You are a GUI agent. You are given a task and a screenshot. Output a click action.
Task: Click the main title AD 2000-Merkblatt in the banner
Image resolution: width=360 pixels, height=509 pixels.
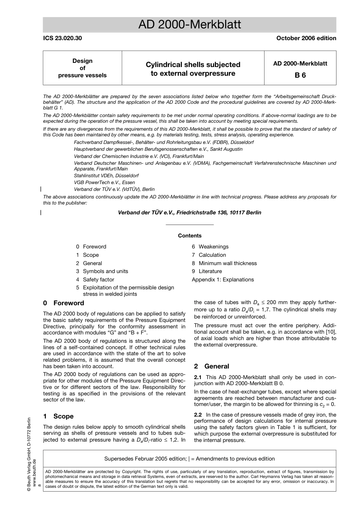pos(189,25)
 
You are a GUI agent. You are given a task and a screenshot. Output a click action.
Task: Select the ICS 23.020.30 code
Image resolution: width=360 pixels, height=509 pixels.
pos(63,38)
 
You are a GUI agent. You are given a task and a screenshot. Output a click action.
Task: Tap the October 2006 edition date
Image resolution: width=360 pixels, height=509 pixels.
pos(306,38)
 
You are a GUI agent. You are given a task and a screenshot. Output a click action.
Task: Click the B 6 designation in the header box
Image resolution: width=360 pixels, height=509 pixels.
pos(300,75)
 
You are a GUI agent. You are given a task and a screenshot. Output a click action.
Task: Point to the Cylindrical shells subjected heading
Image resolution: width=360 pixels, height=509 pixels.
pos(193,65)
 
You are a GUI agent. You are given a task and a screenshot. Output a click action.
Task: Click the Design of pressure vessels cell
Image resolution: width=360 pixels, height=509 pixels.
pos(82,68)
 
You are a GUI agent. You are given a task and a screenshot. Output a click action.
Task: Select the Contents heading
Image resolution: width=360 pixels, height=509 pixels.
pos(189,236)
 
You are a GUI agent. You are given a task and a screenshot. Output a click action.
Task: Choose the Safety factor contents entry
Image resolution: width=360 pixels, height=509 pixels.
pos(98,279)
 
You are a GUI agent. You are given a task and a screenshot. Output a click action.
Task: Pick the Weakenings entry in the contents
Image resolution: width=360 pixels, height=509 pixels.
pos(213,247)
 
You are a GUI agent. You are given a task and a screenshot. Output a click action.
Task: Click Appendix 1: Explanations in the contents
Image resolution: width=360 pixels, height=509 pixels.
pos(223,279)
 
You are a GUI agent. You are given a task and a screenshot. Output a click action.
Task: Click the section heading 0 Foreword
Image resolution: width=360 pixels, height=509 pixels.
pos(64,303)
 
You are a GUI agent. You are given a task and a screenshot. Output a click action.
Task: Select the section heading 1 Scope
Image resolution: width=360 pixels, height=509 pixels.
pos(58,416)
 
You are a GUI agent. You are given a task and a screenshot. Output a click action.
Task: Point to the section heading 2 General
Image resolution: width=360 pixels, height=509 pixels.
pos(211,366)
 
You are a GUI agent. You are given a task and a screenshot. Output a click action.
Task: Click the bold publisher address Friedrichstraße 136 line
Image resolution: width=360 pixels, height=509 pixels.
pos(189,212)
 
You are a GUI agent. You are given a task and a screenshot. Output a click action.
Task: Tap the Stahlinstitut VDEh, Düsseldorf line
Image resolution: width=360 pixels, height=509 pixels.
pos(106,176)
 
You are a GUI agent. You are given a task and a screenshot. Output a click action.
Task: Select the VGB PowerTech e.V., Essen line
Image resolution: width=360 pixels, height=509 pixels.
pos(104,183)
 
